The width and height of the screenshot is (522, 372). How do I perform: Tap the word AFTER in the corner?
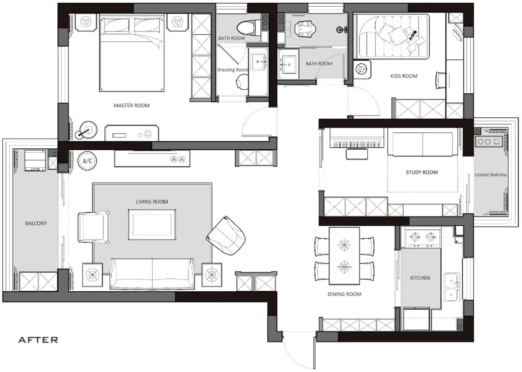38,340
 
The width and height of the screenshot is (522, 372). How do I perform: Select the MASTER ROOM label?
131,105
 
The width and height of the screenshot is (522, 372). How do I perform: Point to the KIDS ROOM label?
404,76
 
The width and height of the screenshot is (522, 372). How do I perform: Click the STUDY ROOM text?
421,172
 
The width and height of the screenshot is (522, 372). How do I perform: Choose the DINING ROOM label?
344,294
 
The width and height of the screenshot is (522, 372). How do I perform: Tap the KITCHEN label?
420,278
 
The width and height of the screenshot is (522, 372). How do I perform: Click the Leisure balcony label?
491,175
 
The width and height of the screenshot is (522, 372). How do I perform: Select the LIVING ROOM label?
152,201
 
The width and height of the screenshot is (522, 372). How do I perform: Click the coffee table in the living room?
152,225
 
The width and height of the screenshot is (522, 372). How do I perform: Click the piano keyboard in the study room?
356,142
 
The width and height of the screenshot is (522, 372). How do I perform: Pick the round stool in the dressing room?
242,82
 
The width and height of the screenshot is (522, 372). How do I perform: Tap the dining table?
344,256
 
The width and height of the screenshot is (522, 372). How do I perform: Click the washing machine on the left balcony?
35,161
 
